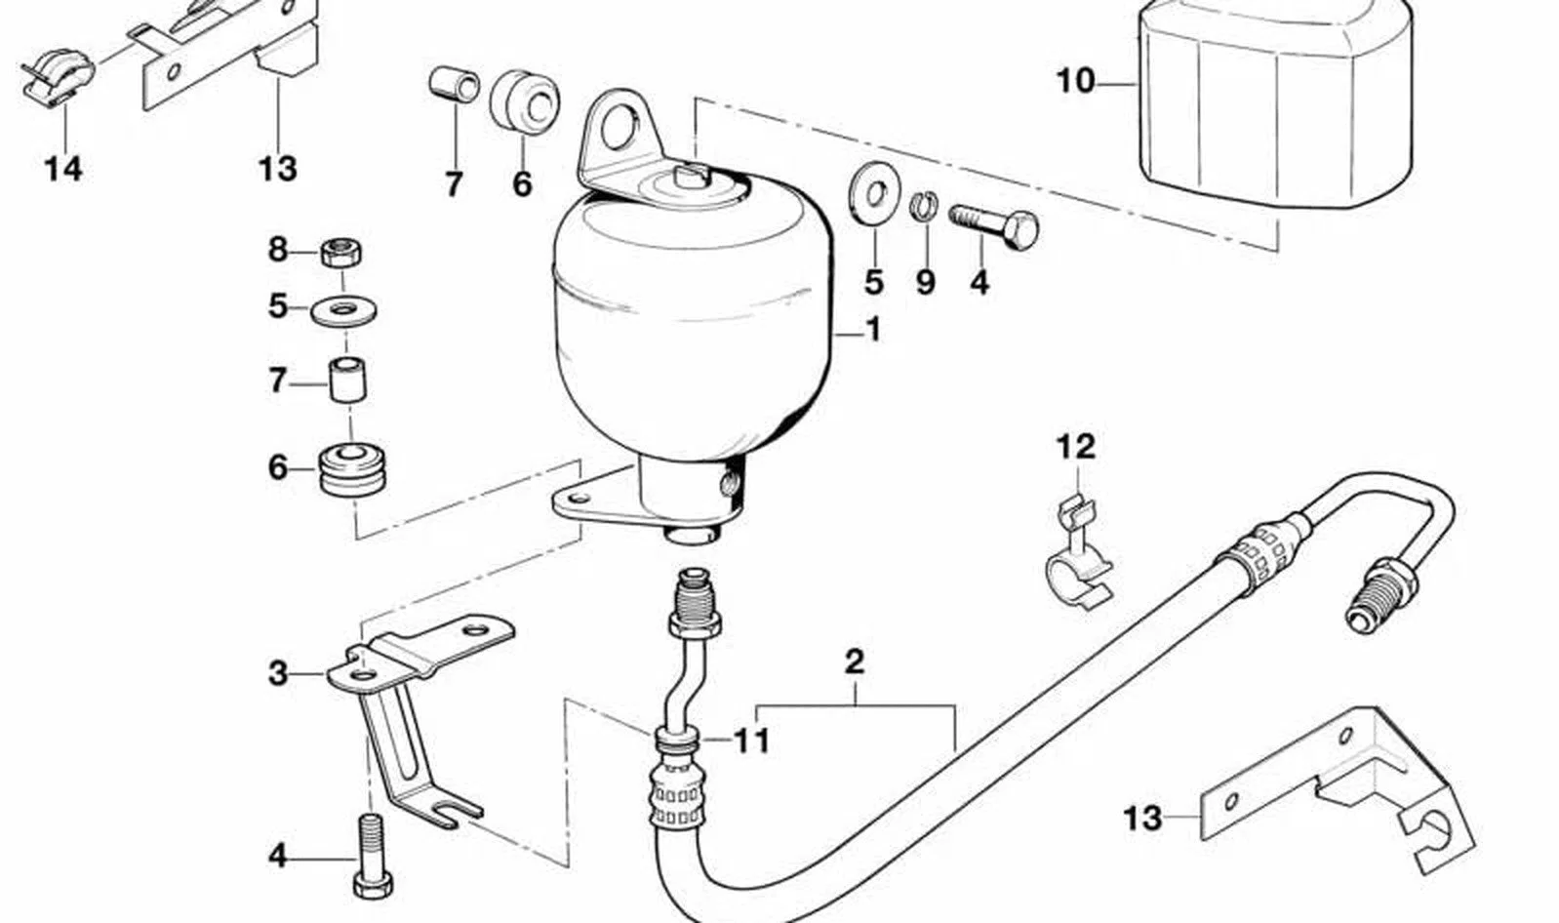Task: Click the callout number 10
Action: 1076,82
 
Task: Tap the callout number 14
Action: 63,169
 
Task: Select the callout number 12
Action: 1076,447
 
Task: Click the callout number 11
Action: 752,741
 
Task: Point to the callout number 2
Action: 854,662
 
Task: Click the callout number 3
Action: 278,673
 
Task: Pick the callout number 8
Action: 278,249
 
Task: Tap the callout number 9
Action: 925,283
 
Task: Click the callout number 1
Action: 873,329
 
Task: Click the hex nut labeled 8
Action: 341,253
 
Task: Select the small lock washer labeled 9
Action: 924,206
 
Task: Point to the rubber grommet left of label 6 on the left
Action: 353,470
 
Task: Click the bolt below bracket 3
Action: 372,857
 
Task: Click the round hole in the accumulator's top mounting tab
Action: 619,127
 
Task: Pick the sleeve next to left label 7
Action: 348,380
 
